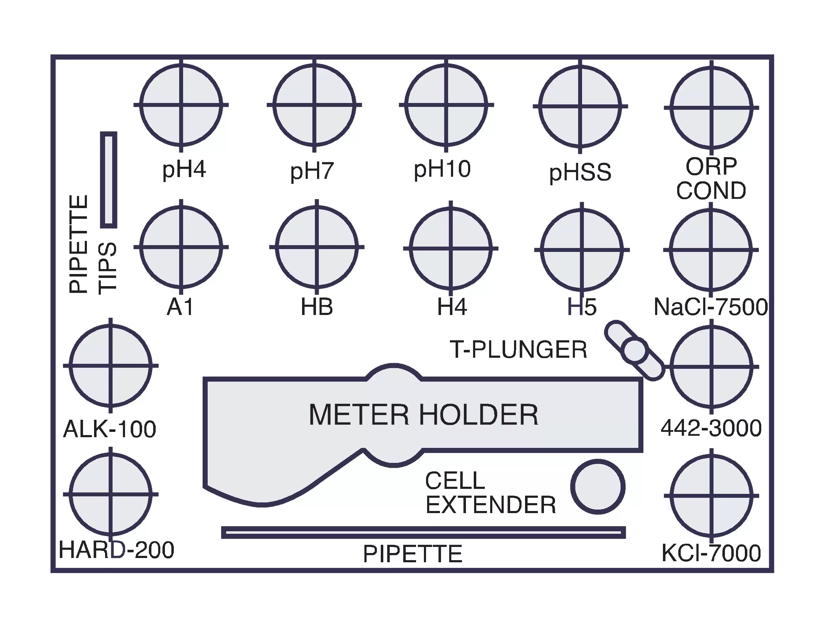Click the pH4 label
click(184, 170)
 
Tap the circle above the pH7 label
click(314, 105)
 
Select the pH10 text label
click(442, 169)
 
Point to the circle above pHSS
click(580, 106)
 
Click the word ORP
click(711, 166)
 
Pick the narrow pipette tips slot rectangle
click(109, 180)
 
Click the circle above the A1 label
click(181, 247)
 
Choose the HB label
click(317, 307)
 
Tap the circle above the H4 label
click(451, 248)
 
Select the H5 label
click(582, 307)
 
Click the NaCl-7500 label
click(711, 307)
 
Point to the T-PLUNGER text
click(518, 350)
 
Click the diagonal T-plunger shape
click(634, 350)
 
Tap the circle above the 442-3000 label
click(711, 367)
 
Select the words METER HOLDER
click(423, 414)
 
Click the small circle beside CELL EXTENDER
click(597, 486)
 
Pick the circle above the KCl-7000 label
click(711, 496)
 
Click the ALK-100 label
click(110, 429)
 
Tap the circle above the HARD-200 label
click(110, 494)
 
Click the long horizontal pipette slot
click(423, 533)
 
